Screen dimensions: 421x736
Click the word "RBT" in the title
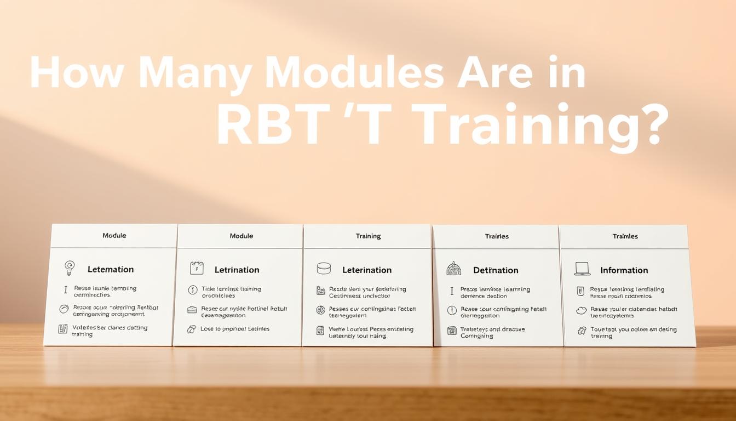coord(274,124)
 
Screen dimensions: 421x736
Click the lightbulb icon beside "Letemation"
coord(70,268)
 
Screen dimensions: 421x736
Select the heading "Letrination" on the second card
coord(237,270)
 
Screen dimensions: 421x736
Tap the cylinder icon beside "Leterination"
coord(324,269)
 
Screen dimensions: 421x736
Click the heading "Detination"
coord(496,270)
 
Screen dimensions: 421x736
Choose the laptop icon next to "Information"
coord(582,269)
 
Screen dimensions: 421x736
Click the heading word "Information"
coord(624,270)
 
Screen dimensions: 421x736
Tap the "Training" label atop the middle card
coord(368,236)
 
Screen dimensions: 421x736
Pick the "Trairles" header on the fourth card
coord(497,236)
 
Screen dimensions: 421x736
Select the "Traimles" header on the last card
coord(625,236)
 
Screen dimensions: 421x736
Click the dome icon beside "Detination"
coord(453,269)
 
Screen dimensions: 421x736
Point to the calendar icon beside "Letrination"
coord(197,268)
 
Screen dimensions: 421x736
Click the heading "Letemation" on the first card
coord(111,269)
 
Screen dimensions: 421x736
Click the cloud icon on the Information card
coord(581,311)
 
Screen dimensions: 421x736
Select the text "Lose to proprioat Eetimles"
coord(235,329)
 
